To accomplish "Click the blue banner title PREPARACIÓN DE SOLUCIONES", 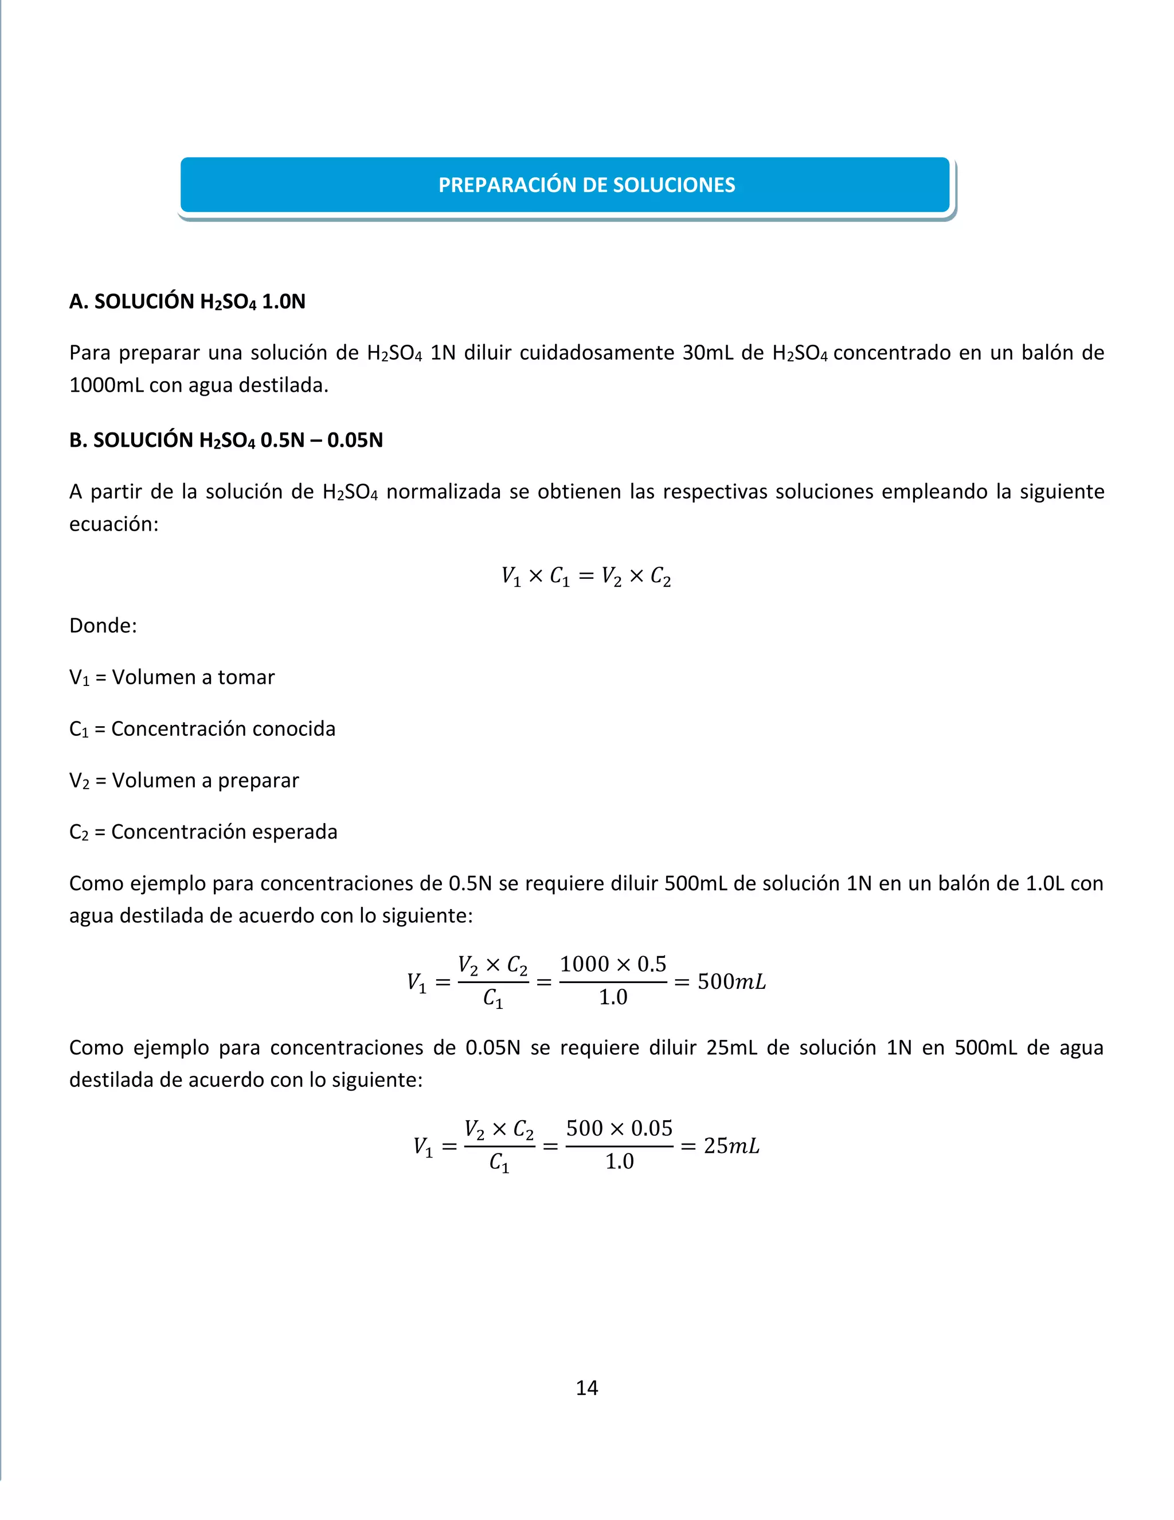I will [x=586, y=185].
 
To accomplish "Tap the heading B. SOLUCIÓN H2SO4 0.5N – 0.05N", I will [x=226, y=440].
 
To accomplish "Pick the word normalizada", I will [x=443, y=492].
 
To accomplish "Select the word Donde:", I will [x=103, y=626].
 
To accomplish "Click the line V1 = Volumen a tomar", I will [x=172, y=677].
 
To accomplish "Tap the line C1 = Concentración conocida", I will [x=202, y=728].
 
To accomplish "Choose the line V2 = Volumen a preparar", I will [x=183, y=780].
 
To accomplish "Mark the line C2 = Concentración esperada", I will [x=203, y=832].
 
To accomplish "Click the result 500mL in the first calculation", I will [x=731, y=982].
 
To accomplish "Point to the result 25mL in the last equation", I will [x=731, y=1146].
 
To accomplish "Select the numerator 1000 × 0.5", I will [x=613, y=964].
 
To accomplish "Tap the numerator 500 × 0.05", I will [x=619, y=1128].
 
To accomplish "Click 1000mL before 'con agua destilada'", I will [x=107, y=385].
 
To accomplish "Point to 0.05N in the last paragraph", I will [x=492, y=1047].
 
